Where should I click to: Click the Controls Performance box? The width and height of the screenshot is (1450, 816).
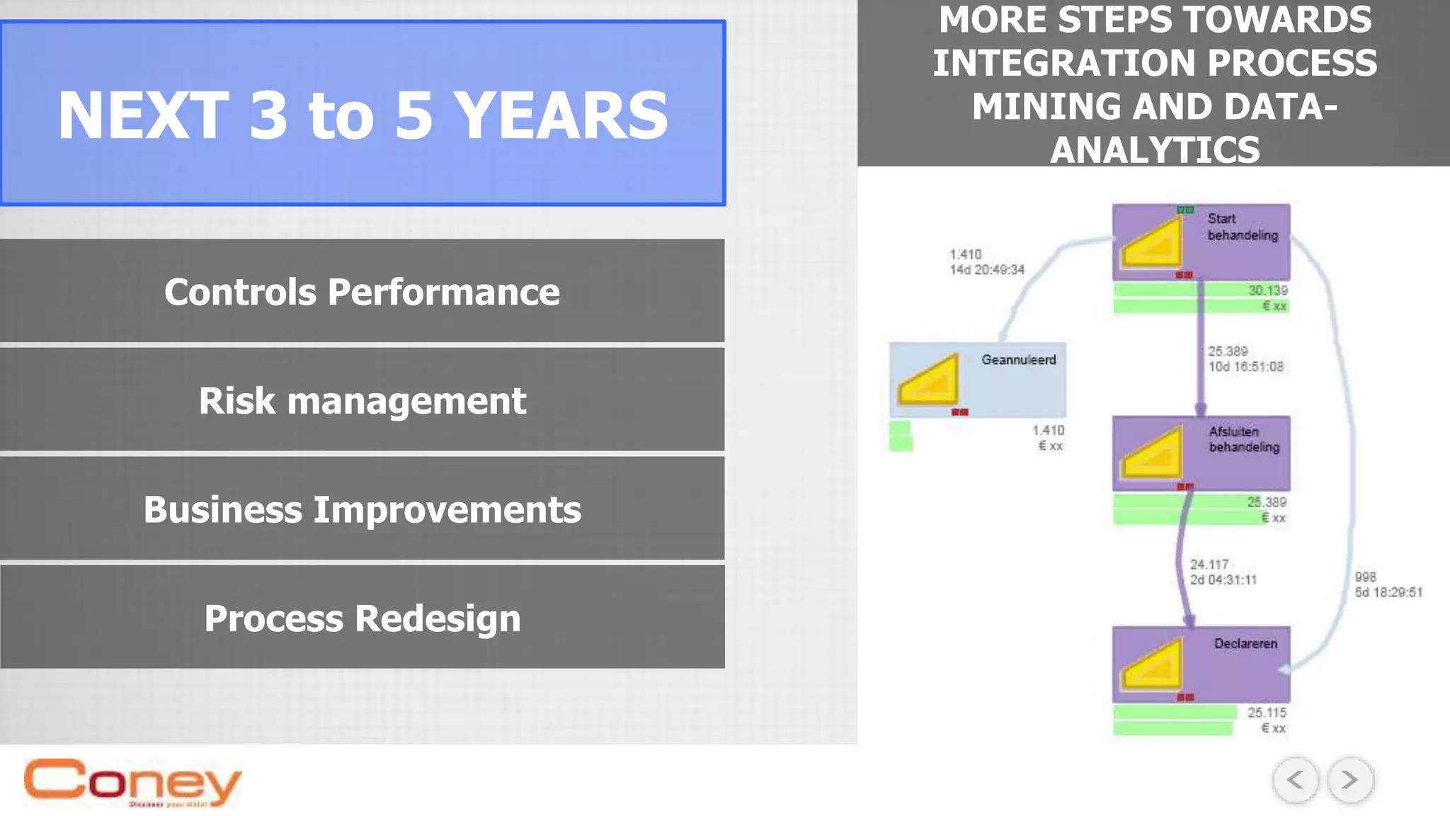pyautogui.click(x=362, y=291)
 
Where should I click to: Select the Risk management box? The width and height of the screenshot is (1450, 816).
pyautogui.click(x=362, y=400)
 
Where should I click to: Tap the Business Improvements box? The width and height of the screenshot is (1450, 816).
pyautogui.click(x=362, y=509)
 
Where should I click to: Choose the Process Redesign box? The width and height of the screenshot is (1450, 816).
pyautogui.click(x=362, y=618)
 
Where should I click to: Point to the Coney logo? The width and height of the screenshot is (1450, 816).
pyautogui.click(x=132, y=782)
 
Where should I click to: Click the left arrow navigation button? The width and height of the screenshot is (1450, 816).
pyautogui.click(x=1295, y=780)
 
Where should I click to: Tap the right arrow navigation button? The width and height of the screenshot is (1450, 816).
pyautogui.click(x=1349, y=780)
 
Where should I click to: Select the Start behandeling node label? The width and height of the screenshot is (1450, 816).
pyautogui.click(x=1242, y=227)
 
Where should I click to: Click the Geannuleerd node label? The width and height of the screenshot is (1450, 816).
pyautogui.click(x=1018, y=360)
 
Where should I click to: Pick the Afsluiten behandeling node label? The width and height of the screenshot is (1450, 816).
pyautogui.click(x=1243, y=439)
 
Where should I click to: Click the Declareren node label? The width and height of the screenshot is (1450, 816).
pyautogui.click(x=1245, y=643)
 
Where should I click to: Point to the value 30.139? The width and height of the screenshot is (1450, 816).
pyautogui.click(x=1267, y=290)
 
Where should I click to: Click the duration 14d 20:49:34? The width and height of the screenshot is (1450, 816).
pyautogui.click(x=986, y=270)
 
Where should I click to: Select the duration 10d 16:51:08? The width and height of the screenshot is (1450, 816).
pyautogui.click(x=1245, y=367)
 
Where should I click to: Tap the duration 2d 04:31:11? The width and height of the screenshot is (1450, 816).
pyautogui.click(x=1223, y=580)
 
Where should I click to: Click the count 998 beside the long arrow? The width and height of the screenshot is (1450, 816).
pyautogui.click(x=1365, y=577)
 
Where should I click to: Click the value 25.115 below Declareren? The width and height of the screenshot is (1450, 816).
pyautogui.click(x=1266, y=713)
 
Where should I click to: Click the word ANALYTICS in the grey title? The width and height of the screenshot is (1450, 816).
pyautogui.click(x=1154, y=150)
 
